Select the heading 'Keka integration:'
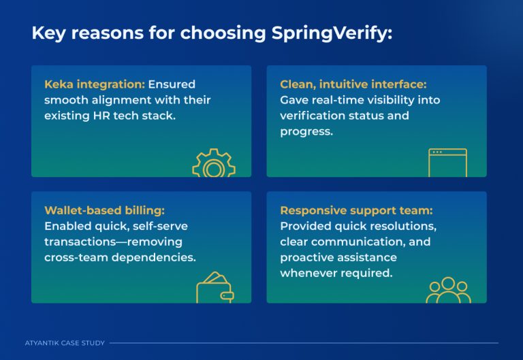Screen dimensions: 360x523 coord(95,84)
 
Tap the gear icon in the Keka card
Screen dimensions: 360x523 coord(213,164)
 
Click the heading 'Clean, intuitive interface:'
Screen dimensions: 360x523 coord(353,84)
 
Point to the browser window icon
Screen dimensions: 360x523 coord(447,163)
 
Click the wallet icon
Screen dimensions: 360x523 coord(215,289)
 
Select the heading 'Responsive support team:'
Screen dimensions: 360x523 coord(356,210)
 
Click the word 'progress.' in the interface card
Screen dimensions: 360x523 coord(306,131)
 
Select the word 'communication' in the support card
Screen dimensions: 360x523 coord(345,242)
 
